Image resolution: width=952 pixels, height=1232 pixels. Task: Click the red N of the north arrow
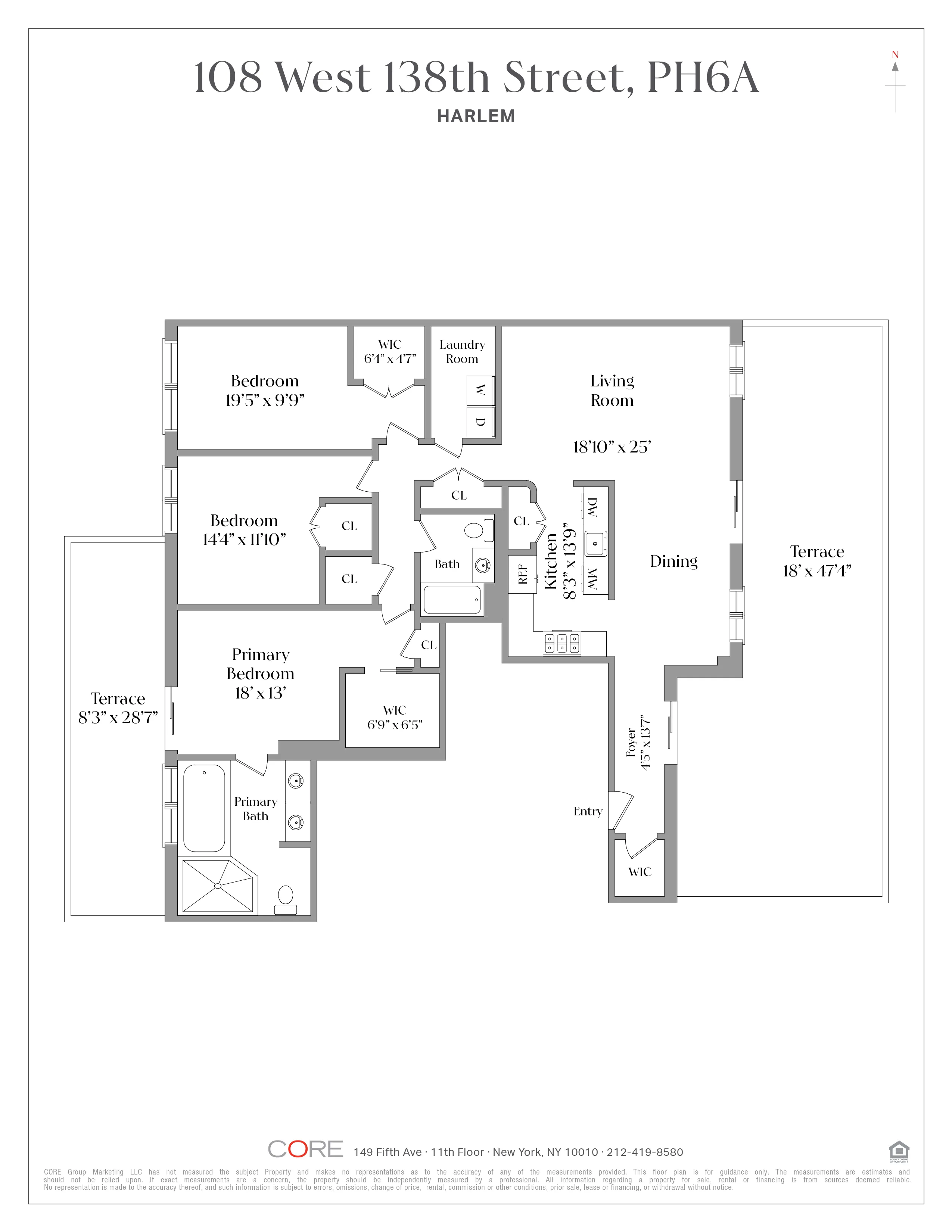coord(895,55)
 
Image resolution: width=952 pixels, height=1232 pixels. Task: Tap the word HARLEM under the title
coord(476,116)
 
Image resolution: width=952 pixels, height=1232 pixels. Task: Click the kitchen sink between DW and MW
coord(595,543)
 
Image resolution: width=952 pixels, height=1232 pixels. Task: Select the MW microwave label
coord(592,579)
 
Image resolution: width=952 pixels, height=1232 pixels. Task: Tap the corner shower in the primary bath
coord(218,886)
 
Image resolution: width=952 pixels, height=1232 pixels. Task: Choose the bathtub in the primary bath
coord(204,808)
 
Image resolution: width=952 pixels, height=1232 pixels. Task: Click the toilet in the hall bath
coord(477,530)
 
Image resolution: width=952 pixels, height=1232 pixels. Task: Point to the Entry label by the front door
coord(588,811)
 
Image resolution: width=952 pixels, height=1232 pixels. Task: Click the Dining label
coord(673,561)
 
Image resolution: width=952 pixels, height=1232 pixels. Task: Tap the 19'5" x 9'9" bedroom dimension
coord(265,400)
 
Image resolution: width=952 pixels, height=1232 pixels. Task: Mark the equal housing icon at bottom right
coord(898,1150)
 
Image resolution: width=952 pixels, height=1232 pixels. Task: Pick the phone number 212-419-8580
coord(645,1152)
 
